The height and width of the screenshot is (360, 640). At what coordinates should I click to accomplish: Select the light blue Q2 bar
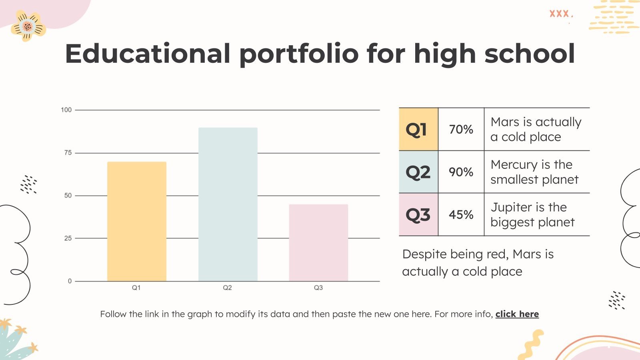coord(228,204)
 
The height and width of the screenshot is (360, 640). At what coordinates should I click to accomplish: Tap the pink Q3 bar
coord(318,242)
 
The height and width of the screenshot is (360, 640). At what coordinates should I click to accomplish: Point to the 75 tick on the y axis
coord(68,153)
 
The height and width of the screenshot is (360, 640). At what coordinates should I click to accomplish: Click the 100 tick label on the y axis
coord(66,110)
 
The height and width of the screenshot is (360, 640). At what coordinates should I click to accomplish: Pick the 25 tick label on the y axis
coord(68,238)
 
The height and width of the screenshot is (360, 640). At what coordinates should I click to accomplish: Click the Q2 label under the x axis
coord(227,288)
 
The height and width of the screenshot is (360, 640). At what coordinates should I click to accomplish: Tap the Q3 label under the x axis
coord(318,288)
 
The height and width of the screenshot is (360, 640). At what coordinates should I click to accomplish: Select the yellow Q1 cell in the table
coord(418,129)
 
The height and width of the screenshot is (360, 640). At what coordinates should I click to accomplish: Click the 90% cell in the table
coord(461,172)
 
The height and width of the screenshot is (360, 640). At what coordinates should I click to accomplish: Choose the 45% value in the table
coord(461,215)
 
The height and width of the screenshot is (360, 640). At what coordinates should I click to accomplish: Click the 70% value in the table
coord(461,129)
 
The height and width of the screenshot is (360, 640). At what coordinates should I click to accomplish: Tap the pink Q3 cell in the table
coord(418,215)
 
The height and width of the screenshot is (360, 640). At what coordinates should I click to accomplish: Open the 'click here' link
coord(517,314)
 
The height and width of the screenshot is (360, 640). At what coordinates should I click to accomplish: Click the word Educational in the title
coord(148,54)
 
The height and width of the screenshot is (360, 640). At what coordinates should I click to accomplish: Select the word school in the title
coord(530,54)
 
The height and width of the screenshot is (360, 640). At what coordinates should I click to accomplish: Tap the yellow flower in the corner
coord(28,26)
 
